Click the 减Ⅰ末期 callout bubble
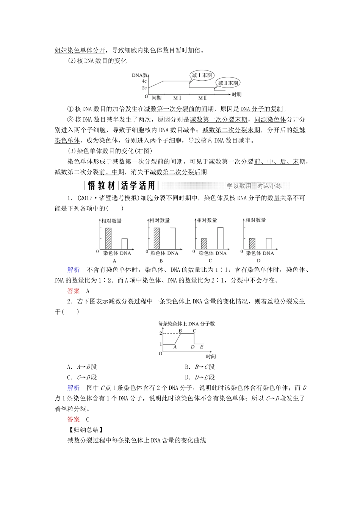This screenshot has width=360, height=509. pos(202,75)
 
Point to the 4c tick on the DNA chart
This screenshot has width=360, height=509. pos(144,81)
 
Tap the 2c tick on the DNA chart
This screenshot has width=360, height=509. pos(144,88)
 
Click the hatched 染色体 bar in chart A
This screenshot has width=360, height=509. pos(108,238)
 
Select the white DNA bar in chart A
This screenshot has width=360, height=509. pos(124,244)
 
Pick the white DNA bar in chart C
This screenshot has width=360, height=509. pos(220,238)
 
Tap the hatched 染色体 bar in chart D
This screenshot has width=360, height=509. pos(252,243)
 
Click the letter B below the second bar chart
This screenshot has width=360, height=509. pos(161,261)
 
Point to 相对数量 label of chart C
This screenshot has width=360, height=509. pos(207,220)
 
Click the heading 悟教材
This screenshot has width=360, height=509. pos(101,186)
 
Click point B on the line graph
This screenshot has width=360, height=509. pos(180,331)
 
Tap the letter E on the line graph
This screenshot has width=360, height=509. pos(202,347)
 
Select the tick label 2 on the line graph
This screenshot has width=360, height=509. pos(161,333)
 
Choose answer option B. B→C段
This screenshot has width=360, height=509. pos(200,367)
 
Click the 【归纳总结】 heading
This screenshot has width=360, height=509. pos(84,430)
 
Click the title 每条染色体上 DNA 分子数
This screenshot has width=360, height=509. pos(186,324)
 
